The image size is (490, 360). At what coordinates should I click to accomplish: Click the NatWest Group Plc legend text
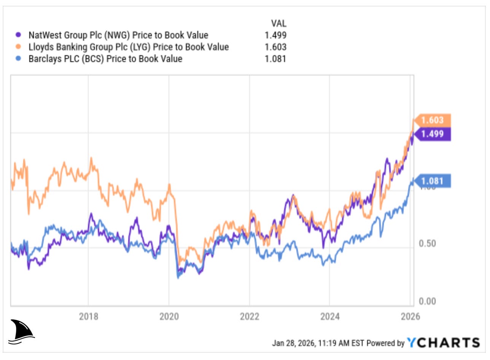[118, 35]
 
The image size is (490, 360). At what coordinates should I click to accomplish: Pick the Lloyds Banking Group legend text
[129, 47]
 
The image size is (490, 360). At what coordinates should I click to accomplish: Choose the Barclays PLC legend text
[105, 59]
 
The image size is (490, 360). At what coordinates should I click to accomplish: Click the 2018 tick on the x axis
[88, 317]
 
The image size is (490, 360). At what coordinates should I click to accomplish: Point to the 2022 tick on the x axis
[249, 317]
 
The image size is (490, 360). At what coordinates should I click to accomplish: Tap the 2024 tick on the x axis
[330, 317]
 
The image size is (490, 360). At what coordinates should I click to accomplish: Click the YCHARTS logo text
[443, 342]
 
